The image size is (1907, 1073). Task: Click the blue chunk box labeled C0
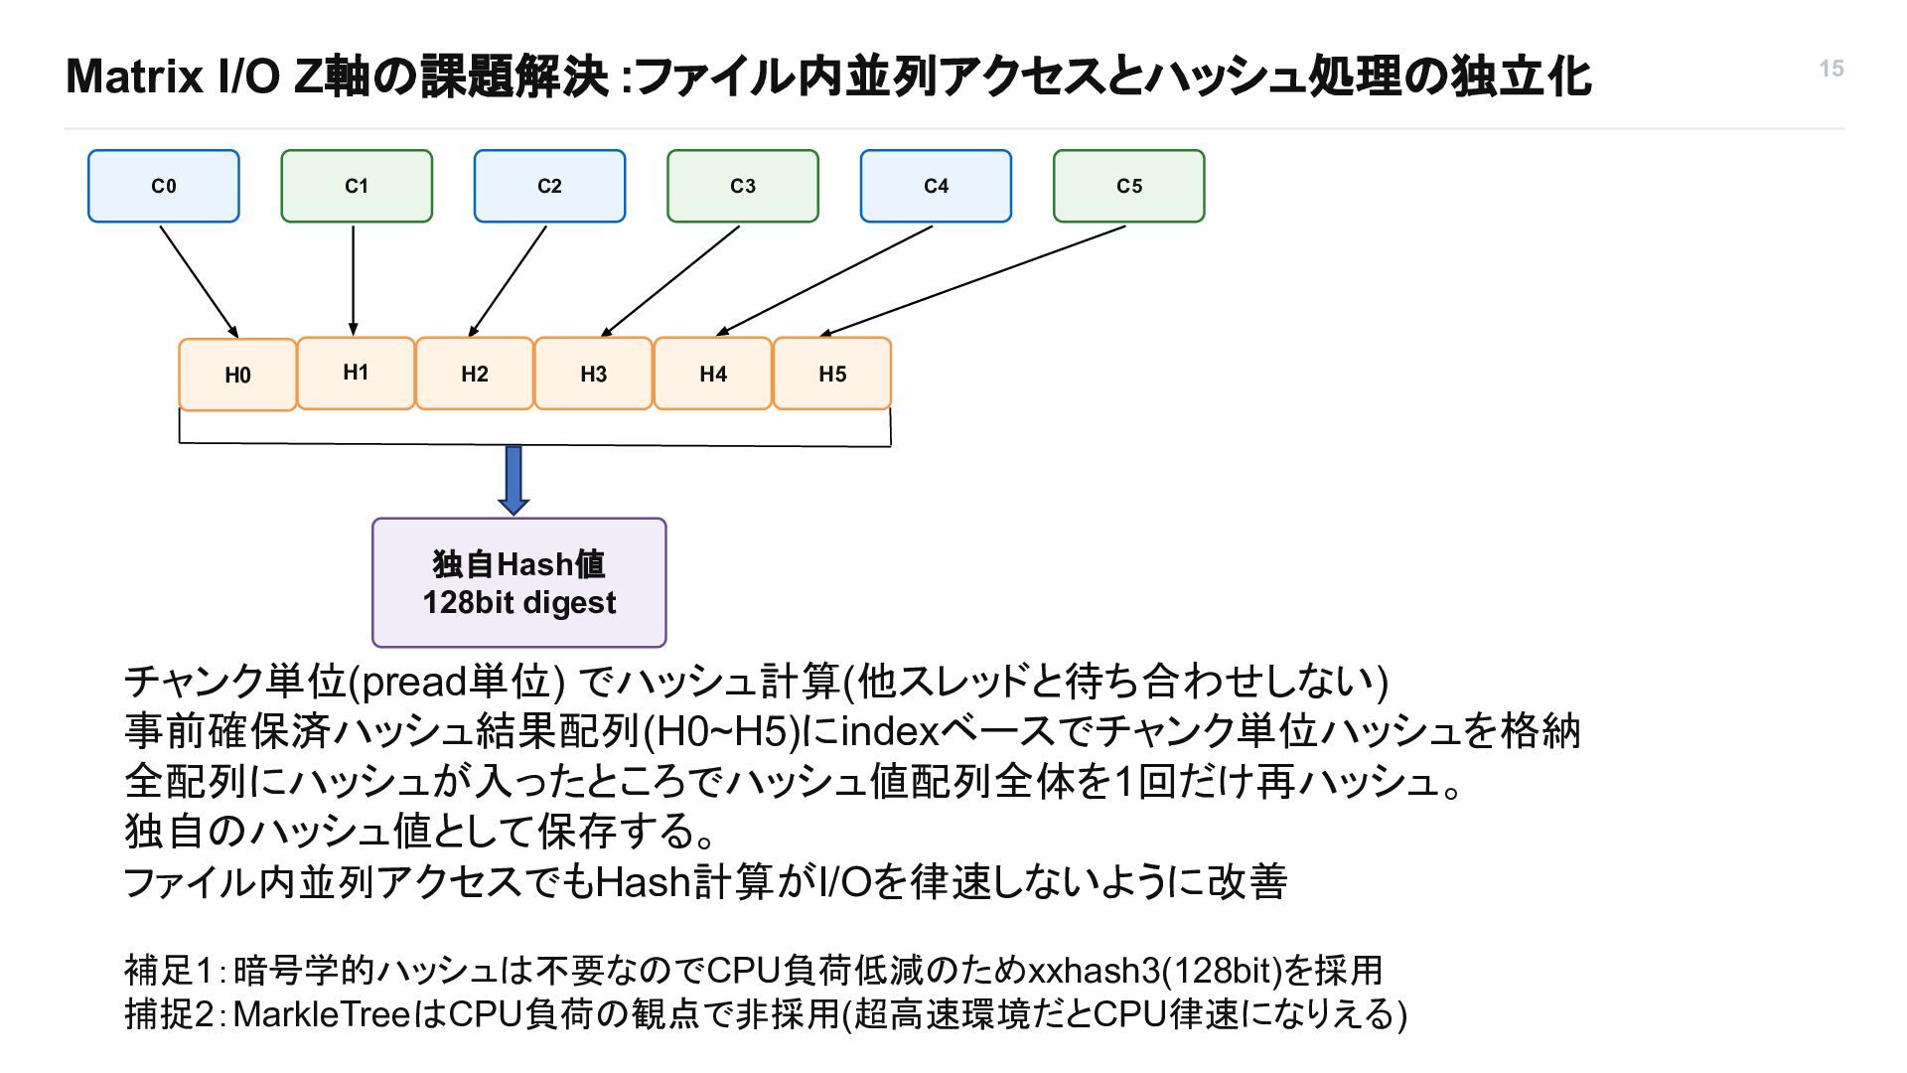click(x=164, y=186)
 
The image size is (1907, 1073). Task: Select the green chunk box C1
click(x=357, y=186)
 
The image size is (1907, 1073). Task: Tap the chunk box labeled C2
click(x=549, y=186)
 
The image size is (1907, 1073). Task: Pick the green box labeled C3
click(x=743, y=186)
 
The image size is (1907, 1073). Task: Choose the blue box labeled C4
click(x=936, y=186)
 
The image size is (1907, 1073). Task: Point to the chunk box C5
click(x=1129, y=186)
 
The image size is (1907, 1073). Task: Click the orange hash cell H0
click(x=237, y=375)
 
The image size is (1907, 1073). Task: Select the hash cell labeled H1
click(x=356, y=373)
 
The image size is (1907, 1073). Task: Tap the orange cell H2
click(x=475, y=374)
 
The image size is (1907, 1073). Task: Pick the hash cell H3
click(x=593, y=374)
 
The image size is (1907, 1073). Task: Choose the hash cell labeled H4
click(x=713, y=374)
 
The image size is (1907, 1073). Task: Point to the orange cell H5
click(x=832, y=374)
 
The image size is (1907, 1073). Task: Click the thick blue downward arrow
click(x=513, y=480)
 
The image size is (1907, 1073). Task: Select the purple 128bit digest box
click(x=519, y=582)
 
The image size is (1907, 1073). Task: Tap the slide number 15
click(x=1832, y=69)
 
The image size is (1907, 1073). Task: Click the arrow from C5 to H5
click(x=973, y=281)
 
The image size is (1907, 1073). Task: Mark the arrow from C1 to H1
click(x=354, y=281)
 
